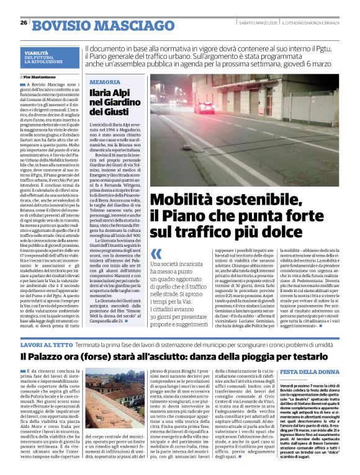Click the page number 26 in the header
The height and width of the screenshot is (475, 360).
[x=24, y=23]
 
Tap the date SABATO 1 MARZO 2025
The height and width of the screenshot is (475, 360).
[x=258, y=23]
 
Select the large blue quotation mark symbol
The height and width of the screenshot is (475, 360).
[x=156, y=254]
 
